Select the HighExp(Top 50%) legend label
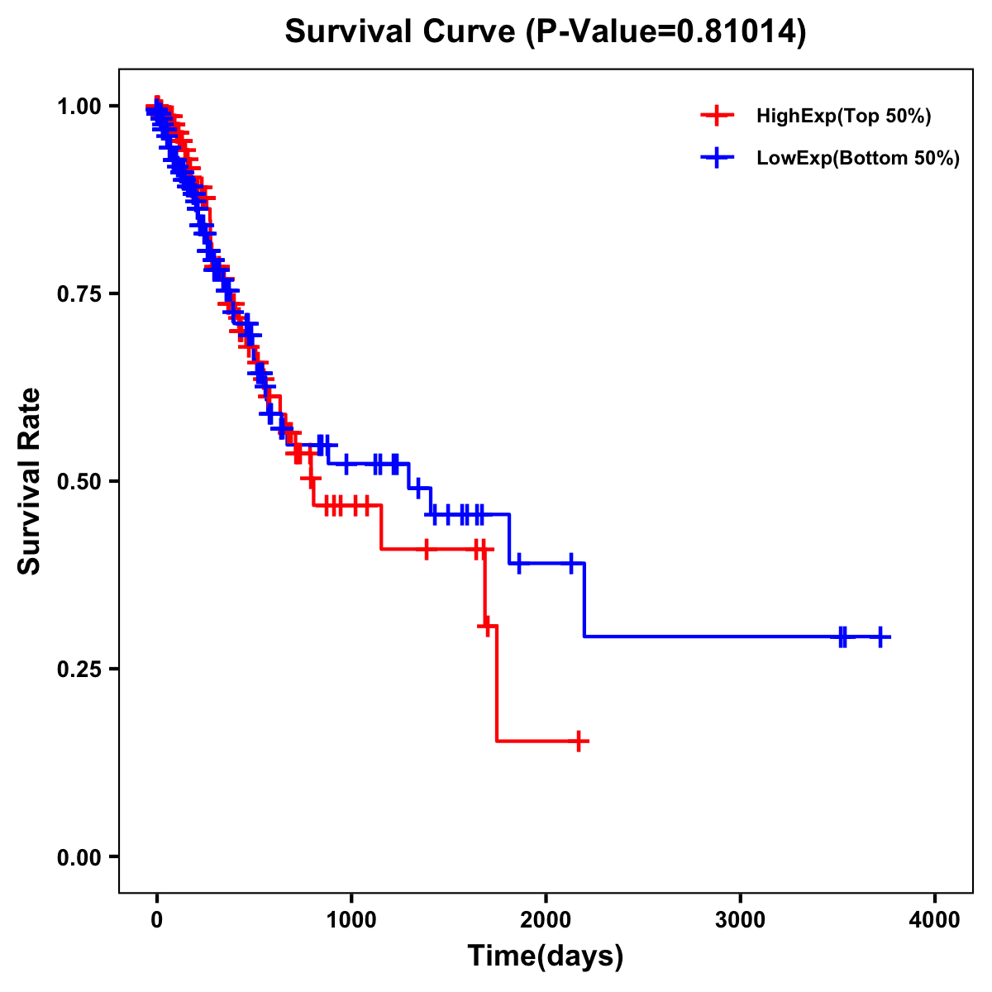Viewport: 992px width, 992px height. [843, 117]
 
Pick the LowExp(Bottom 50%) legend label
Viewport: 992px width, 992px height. [858, 159]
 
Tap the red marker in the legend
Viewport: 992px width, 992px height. [717, 117]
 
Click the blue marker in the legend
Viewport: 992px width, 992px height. [717, 158]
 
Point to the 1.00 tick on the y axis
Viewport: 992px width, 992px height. [79, 107]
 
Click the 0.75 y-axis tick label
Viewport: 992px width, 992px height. [79, 294]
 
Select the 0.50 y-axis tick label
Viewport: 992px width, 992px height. [79, 482]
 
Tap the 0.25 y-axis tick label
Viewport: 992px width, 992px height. [79, 669]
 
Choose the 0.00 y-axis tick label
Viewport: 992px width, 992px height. [79, 857]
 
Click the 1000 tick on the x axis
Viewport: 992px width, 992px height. [351, 920]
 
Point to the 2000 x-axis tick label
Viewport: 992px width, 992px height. [546, 920]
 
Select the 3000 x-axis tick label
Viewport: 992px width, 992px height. [740, 920]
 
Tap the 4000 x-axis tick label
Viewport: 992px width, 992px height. [935, 920]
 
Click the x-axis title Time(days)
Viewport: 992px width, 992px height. [546, 956]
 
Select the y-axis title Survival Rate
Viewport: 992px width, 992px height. [30, 481]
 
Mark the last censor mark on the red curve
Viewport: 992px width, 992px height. [579, 741]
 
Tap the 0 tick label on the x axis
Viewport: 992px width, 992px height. [157, 920]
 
